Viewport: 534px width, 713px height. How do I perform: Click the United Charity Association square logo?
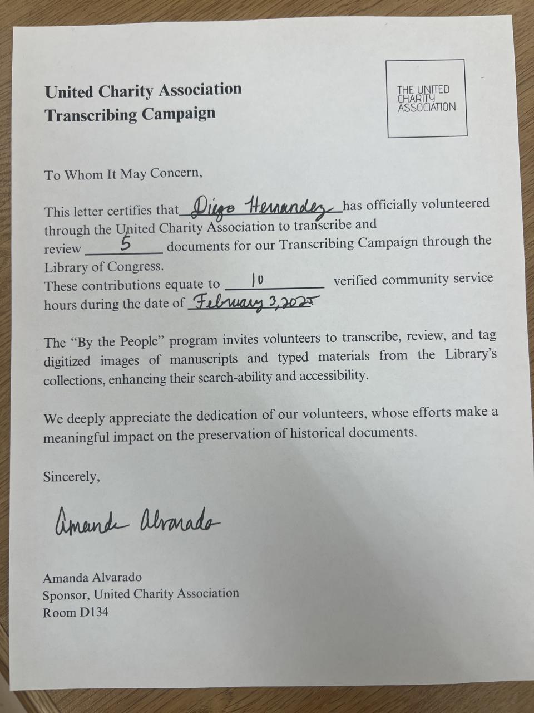click(426, 98)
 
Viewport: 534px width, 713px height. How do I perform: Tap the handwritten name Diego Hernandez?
click(261, 208)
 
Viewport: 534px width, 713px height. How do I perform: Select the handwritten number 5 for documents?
click(126, 245)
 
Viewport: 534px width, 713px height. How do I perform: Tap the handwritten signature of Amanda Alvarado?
click(137, 522)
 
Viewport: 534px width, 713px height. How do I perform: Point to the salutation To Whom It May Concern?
click(122, 174)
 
